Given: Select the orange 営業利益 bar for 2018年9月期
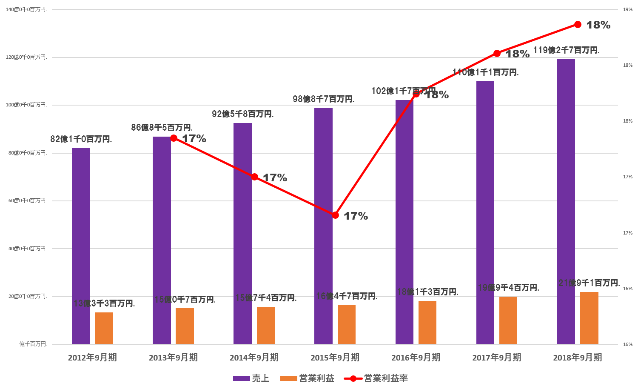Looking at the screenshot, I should click(x=589, y=318).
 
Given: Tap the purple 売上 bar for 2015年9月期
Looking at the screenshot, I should click(x=323, y=226).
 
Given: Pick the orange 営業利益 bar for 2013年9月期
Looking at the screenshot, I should click(x=185, y=326).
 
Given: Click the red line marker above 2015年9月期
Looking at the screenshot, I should click(x=335, y=215).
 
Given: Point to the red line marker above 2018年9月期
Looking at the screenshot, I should click(x=578, y=24).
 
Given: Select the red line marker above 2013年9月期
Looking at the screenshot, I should click(x=174, y=138).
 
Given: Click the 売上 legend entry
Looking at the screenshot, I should click(x=251, y=378).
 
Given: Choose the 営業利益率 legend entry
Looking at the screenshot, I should click(x=376, y=378).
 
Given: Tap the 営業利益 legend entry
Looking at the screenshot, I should click(x=308, y=378).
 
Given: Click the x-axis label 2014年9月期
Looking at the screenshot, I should click(x=254, y=358).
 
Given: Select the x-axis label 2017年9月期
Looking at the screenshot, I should click(x=496, y=358).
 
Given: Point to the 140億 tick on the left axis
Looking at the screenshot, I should click(x=26, y=9).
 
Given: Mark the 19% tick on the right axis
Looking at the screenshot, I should click(x=627, y=9).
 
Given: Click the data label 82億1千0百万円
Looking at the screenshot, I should click(x=81, y=139).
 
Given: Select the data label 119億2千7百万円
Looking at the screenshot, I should click(x=566, y=50).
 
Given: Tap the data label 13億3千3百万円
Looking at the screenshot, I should click(x=104, y=303).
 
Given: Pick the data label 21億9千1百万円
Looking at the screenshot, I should click(x=589, y=283).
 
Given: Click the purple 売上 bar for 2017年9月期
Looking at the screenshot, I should click(x=485, y=212).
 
